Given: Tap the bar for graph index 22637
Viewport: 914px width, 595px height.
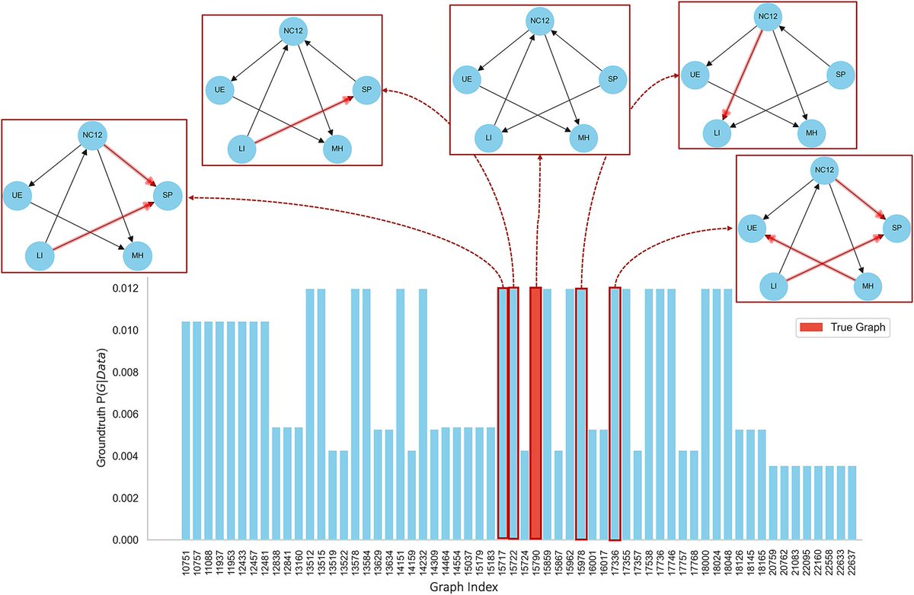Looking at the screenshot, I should point(852,502).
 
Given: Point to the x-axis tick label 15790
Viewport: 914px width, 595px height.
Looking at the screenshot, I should point(535,565).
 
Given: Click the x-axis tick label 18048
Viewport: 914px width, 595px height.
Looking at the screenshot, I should point(727,565).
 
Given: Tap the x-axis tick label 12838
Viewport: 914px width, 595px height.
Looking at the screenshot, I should point(276,565).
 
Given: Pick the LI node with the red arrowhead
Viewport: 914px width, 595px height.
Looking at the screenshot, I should point(717,133).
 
